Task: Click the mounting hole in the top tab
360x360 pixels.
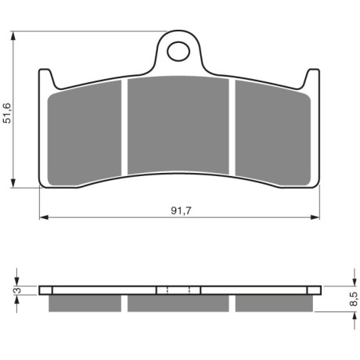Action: tap(178, 52)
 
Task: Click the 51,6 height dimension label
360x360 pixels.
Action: tap(7, 113)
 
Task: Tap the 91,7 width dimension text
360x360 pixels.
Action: tap(181, 211)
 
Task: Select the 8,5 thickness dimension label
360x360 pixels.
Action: tap(353, 299)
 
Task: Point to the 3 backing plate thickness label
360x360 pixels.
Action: tap(18, 290)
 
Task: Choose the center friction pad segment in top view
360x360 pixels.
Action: tap(178, 125)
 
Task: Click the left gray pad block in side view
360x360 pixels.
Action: tap(85, 303)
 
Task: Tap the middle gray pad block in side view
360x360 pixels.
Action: tap(178, 303)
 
